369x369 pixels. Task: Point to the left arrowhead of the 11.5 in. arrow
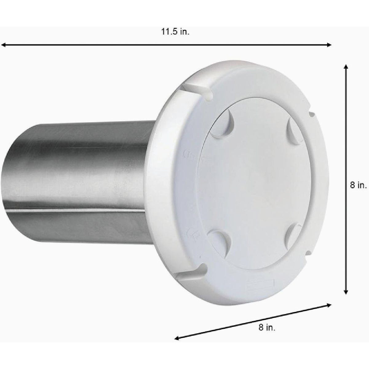pyautogui.click(x=3, y=45)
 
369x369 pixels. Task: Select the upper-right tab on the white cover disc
pyautogui.click(x=293, y=129)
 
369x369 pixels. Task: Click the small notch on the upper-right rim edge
pyautogui.click(x=311, y=114)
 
